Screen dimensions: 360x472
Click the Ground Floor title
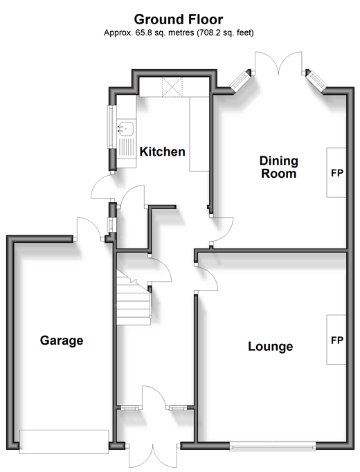pyautogui.click(x=179, y=19)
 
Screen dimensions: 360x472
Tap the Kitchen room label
pyautogui.click(x=162, y=152)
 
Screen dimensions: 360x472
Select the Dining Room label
pyautogui.click(x=279, y=167)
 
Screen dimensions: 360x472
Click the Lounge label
pyautogui.click(x=270, y=347)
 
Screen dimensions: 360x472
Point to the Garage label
pyautogui.click(x=62, y=341)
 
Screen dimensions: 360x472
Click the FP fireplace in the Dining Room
pyautogui.click(x=336, y=172)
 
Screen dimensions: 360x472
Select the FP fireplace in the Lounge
pyautogui.click(x=336, y=340)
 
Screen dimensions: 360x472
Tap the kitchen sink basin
pyautogui.click(x=126, y=128)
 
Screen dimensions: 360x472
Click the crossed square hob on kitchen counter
pyautogui.click(x=172, y=87)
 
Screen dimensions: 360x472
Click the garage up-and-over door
pyautogui.click(x=64, y=442)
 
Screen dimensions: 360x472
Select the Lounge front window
pyautogui.click(x=273, y=446)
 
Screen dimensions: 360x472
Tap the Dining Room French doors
pyautogui.click(x=278, y=62)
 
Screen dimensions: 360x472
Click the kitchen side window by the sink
pyautogui.click(x=111, y=127)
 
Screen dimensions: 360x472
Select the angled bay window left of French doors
pyautogui.click(x=240, y=80)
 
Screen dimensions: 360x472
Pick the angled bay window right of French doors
pyautogui.click(x=316, y=80)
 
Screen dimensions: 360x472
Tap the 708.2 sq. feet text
pyautogui.click(x=225, y=33)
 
